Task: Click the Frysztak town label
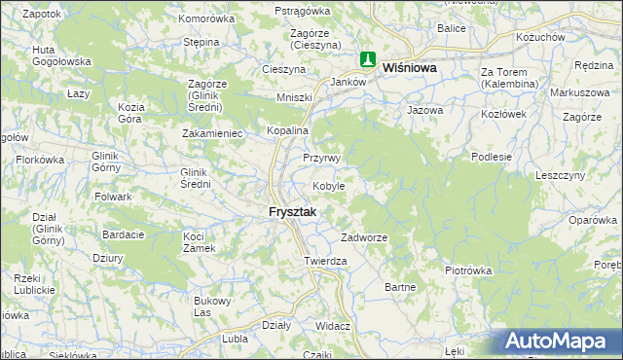pyautogui.click(x=293, y=213)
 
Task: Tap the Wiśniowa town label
pyautogui.click(x=410, y=69)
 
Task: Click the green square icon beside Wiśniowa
pyautogui.click(x=369, y=60)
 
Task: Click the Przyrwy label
pyautogui.click(x=320, y=158)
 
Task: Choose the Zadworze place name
pyautogui.click(x=365, y=237)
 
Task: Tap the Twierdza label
pyautogui.click(x=325, y=262)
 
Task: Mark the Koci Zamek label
pyautogui.click(x=199, y=242)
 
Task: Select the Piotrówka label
pyautogui.click(x=469, y=270)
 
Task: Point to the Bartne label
pyautogui.click(x=401, y=287)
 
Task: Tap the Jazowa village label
pyautogui.click(x=425, y=110)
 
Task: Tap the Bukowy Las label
pyautogui.click(x=211, y=306)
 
